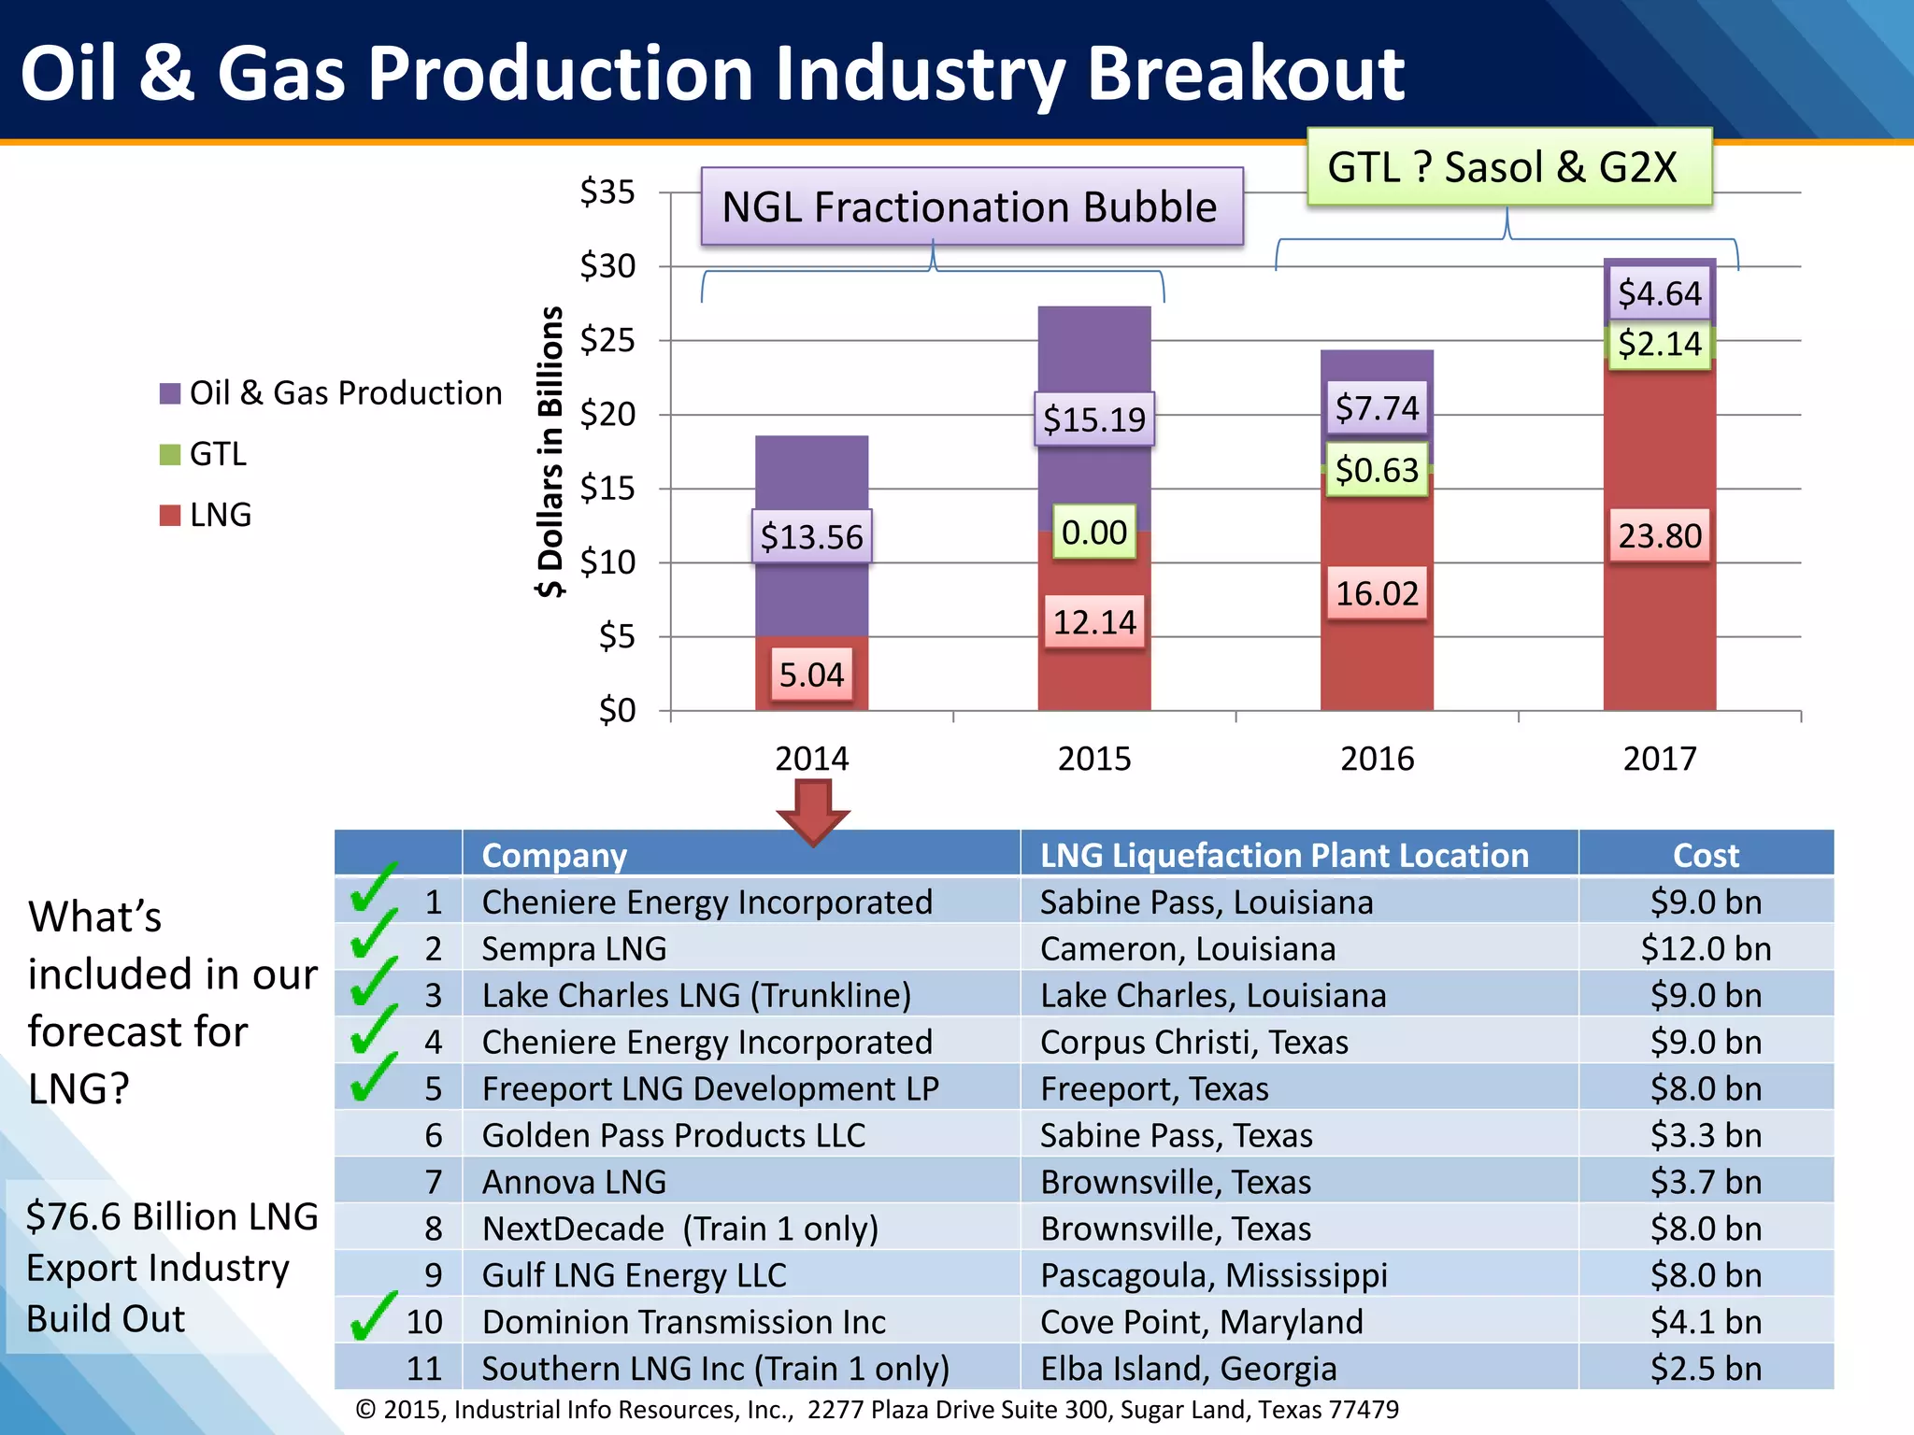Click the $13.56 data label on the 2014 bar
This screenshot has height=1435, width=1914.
click(x=811, y=536)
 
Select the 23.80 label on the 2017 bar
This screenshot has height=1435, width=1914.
click(x=1659, y=535)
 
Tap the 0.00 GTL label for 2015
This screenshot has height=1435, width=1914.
click(x=1093, y=533)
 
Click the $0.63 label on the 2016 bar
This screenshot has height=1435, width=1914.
click(x=1377, y=470)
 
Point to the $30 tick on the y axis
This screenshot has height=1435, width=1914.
click(x=607, y=266)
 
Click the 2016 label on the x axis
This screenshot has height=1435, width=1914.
click(x=1377, y=759)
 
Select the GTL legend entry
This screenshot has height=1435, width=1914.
click(x=217, y=454)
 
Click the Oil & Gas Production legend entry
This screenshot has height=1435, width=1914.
click(x=344, y=393)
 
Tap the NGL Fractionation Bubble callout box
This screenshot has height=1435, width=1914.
click(x=971, y=206)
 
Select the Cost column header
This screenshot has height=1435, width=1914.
click(x=1706, y=855)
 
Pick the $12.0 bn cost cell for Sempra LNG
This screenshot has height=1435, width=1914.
click(x=1706, y=949)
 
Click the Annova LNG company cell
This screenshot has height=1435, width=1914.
click(x=574, y=1183)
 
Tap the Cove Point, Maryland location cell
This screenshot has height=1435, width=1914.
click(x=1201, y=1322)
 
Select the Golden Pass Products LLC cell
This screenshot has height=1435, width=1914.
click(x=673, y=1136)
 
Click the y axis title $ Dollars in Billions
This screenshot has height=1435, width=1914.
click(x=550, y=451)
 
